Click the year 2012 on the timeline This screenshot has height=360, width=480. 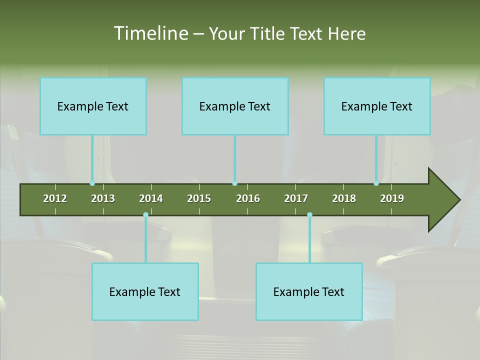click(x=55, y=198)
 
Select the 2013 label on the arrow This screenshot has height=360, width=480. click(x=103, y=198)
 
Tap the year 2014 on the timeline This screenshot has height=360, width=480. click(x=151, y=198)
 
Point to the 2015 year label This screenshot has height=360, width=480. click(x=199, y=198)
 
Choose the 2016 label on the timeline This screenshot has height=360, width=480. click(x=248, y=198)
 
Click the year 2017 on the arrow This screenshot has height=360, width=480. click(x=296, y=198)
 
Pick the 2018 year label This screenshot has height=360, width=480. click(x=344, y=198)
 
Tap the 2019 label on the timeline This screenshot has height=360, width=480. click(x=392, y=198)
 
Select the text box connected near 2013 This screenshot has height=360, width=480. click(x=93, y=106)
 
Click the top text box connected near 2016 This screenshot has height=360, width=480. click(x=235, y=106)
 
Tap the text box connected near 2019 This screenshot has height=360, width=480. click(x=377, y=106)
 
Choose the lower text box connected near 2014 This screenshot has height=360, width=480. click(x=145, y=291)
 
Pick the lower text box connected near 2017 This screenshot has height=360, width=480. click(x=309, y=291)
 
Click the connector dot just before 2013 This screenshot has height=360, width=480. click(x=92, y=183)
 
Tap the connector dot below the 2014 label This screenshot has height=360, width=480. click(x=145, y=215)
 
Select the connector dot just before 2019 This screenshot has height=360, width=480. click(x=376, y=183)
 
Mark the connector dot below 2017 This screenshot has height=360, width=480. click(x=309, y=215)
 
